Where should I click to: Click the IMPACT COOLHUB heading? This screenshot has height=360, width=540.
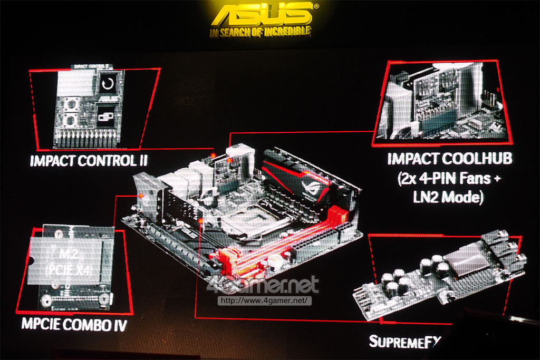point(450,159)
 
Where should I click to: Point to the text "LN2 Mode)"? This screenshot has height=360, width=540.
point(450,198)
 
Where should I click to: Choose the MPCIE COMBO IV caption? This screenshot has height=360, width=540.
point(74,324)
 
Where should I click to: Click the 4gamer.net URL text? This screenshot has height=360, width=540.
point(263,301)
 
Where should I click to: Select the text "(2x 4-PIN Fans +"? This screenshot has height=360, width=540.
point(450,179)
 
